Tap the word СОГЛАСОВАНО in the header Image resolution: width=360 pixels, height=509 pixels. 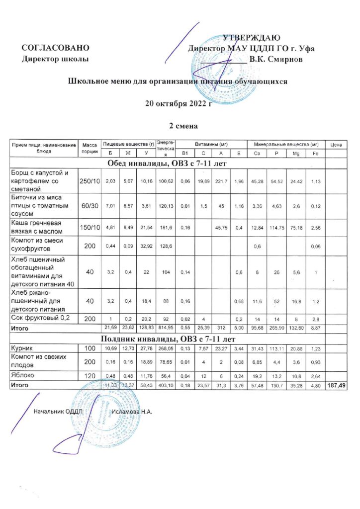pos(55,48)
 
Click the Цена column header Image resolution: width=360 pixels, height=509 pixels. pos(335,144)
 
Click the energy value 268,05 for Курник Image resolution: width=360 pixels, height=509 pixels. pos(165,349)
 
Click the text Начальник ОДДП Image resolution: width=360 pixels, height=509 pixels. pos(57,412)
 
